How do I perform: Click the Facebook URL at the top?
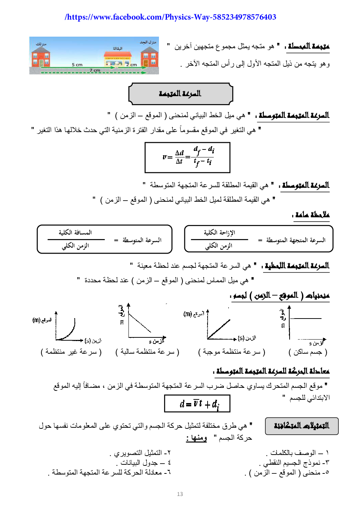click(x=170, y=17)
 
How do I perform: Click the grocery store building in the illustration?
click(x=117, y=60)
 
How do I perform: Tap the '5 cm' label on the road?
click(x=77, y=65)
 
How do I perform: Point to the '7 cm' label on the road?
click(x=95, y=70)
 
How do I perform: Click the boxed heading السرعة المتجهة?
click(x=180, y=94)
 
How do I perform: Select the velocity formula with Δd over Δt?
click(x=187, y=157)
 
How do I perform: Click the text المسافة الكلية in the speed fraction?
click(x=75, y=233)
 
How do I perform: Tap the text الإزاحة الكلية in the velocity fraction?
click(x=219, y=233)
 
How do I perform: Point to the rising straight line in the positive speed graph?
click(x=219, y=328)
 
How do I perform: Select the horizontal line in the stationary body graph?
click(x=306, y=319)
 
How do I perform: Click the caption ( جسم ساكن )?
click(x=308, y=352)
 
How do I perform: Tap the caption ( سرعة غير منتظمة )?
click(x=71, y=352)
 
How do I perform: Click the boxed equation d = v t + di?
click(x=197, y=403)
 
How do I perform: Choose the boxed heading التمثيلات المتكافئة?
click(x=302, y=426)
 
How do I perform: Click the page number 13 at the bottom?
click(x=180, y=494)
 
